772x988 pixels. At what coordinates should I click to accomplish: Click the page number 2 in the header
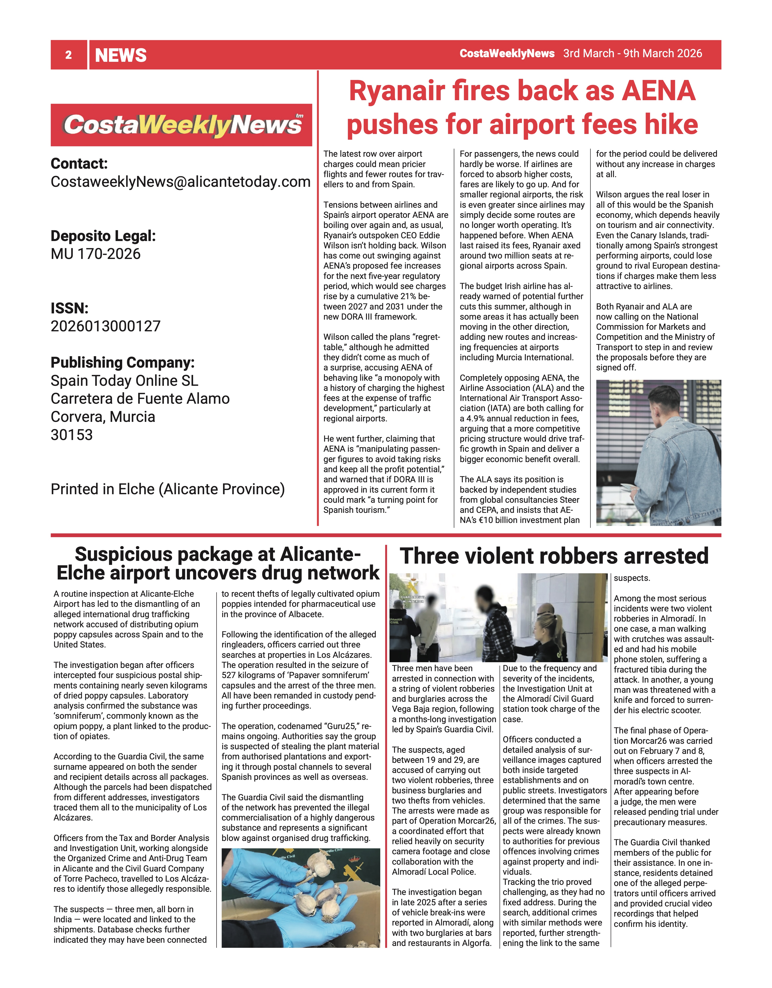tap(68, 55)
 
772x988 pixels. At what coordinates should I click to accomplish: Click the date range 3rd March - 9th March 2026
tap(632, 53)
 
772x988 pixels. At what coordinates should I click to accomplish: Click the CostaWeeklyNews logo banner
tap(181, 125)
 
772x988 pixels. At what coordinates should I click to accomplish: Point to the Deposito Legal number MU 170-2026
tap(95, 254)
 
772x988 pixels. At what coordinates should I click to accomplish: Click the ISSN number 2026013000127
tap(106, 326)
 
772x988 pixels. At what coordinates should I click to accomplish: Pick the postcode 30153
tap(71, 435)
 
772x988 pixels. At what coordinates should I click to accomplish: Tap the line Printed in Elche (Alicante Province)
tap(167, 489)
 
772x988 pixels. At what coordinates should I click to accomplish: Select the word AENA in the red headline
tap(658, 91)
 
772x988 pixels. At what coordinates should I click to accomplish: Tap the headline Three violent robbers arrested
tap(554, 556)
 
